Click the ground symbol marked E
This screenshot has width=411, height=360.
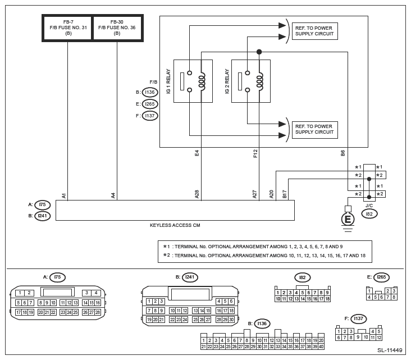click(x=348, y=219)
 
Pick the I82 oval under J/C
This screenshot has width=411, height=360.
click(x=369, y=214)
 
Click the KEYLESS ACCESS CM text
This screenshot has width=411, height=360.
click(x=175, y=225)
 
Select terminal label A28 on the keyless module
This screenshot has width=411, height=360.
click(x=197, y=194)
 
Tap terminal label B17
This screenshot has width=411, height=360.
click(x=285, y=194)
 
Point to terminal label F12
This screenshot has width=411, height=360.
click(x=255, y=153)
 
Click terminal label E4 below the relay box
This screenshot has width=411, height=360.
click(x=197, y=153)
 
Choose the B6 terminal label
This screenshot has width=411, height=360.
click(x=343, y=153)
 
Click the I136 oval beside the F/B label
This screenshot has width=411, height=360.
click(x=149, y=92)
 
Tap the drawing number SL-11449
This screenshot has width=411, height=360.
click(x=389, y=350)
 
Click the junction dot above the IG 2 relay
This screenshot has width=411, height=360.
click(x=259, y=52)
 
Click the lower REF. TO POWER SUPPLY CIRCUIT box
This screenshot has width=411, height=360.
click(x=314, y=129)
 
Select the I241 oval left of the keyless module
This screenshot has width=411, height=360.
click(x=43, y=215)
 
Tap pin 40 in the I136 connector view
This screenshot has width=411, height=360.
click(x=321, y=347)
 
